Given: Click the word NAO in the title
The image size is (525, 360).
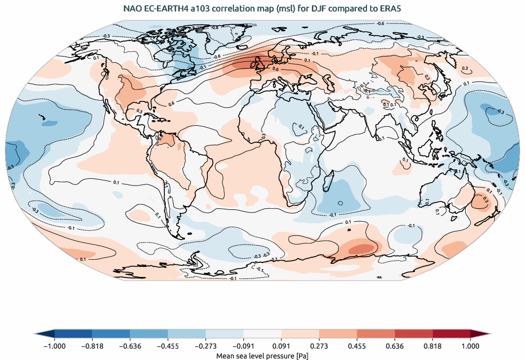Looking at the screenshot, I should click(x=132, y=9).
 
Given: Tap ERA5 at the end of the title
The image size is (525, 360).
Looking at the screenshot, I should click(x=390, y=9).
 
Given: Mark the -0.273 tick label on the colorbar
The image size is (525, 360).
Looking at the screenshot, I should click(x=205, y=345).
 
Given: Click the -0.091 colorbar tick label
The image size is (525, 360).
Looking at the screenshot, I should click(x=243, y=345).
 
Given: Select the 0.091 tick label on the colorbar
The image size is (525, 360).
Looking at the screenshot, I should click(x=281, y=345).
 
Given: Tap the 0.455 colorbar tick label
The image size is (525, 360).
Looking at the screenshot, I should click(x=357, y=345).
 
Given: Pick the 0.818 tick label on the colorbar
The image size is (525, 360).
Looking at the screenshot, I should click(x=432, y=345).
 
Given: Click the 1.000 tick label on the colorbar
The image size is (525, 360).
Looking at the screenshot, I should click(x=470, y=345).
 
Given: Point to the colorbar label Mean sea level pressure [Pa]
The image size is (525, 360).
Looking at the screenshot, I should click(x=262, y=355).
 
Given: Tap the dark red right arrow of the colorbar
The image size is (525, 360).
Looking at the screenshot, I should click(x=480, y=334).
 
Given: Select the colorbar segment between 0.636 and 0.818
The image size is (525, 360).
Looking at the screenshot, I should click(x=414, y=334).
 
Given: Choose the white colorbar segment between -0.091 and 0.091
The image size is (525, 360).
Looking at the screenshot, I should click(x=262, y=334).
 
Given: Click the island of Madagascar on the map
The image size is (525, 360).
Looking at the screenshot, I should click(x=327, y=184).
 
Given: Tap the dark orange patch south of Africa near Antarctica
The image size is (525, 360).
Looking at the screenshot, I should click(x=359, y=249).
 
